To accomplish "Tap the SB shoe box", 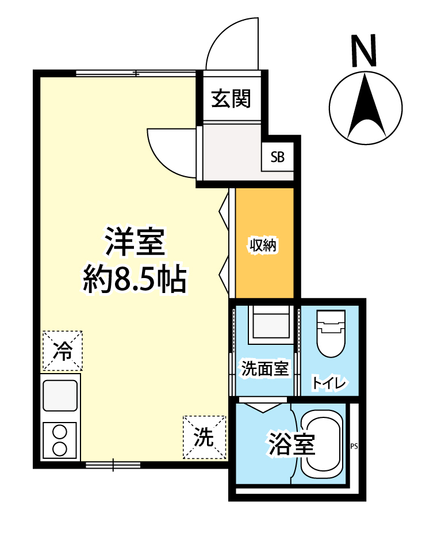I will click(278, 158).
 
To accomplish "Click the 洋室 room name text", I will click(135, 242).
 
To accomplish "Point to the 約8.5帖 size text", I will click(134, 280).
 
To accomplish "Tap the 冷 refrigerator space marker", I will click(62, 351).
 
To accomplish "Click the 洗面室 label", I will click(264, 368).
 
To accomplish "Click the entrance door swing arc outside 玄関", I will click(230, 40).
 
